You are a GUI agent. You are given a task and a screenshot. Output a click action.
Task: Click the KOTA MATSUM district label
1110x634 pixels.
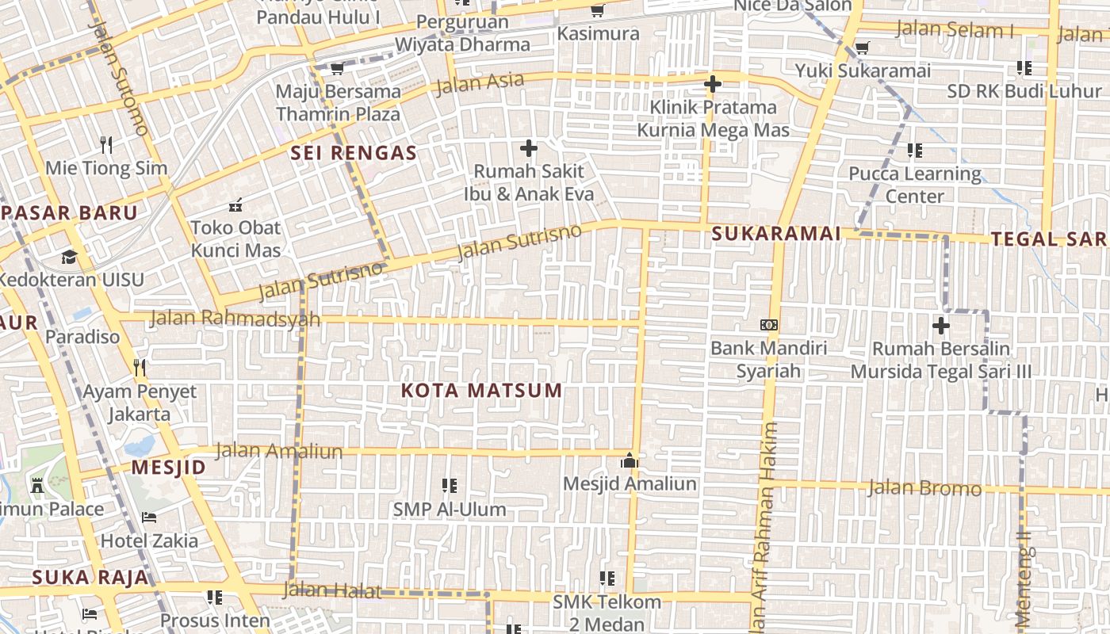481,391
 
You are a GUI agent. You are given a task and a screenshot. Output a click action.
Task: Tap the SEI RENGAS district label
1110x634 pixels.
354,153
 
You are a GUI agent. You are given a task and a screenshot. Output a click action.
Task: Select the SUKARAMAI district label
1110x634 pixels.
775,234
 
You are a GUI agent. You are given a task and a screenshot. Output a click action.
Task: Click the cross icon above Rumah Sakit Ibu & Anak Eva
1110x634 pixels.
528,148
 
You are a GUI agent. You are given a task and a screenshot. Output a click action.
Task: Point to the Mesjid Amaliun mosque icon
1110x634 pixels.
630,460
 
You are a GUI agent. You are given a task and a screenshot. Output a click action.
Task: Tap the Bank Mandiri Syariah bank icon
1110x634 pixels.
768,325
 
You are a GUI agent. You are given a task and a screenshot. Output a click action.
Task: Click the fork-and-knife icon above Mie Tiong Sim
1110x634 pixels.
107,144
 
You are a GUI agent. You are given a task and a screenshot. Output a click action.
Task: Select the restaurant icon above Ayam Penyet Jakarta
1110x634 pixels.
140,367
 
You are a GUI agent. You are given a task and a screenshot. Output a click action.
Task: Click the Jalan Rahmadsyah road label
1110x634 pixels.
235,319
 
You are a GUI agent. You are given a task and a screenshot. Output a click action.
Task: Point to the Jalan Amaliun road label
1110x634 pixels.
279,451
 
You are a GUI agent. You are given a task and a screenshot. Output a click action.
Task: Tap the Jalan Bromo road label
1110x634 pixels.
924,487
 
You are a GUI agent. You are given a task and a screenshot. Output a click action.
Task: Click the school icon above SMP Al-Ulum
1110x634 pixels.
450,485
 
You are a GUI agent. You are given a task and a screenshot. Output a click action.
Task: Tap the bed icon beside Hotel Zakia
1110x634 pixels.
148,518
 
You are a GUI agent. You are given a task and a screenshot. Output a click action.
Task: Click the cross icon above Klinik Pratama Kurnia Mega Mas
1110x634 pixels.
712,83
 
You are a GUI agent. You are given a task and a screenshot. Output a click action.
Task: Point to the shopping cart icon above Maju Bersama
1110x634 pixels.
337,68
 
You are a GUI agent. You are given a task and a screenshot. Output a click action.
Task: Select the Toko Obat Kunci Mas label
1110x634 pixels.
235,239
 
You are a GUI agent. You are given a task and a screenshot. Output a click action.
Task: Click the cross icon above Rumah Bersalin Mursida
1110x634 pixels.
940,325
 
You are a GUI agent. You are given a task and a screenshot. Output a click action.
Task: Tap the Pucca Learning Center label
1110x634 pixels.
915,184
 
